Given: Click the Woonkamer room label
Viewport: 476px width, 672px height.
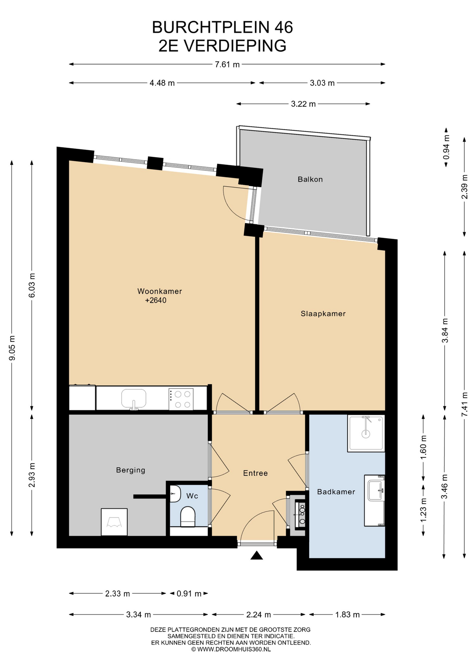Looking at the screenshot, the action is coord(159,291).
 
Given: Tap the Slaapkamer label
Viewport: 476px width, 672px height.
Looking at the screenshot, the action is coord(323,314).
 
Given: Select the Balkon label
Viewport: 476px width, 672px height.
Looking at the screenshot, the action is coord(310,179).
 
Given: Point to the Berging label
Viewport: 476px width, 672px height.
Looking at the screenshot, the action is coord(130,470).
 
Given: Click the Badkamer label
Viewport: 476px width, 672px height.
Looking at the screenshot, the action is coord(336,492).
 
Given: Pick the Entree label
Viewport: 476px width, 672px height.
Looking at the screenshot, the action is coord(256,473).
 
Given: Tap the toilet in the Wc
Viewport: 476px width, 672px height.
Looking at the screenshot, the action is coord(188,517).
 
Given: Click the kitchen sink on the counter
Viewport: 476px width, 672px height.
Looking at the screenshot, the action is coord(134,399).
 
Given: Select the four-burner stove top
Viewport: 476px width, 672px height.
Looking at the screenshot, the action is coord(181,399).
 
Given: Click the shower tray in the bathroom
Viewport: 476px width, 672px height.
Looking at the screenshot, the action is coord(366,433).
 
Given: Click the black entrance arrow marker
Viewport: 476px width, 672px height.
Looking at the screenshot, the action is coord(257,555).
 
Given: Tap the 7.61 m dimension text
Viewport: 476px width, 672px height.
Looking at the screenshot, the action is coord(227,64).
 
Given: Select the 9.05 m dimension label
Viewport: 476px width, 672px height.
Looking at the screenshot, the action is coord(12,348).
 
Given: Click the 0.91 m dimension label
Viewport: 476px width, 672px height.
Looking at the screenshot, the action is coord(189,594).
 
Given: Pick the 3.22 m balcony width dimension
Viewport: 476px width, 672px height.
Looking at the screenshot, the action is coord(303,104).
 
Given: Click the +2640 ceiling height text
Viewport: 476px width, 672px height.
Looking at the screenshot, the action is coord(156,300).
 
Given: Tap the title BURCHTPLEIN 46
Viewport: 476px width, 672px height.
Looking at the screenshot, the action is coord(223,27).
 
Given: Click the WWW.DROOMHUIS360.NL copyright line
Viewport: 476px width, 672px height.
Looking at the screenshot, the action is coord(231,649).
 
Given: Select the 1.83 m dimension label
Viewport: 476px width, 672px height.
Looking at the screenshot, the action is coord(347,615).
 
